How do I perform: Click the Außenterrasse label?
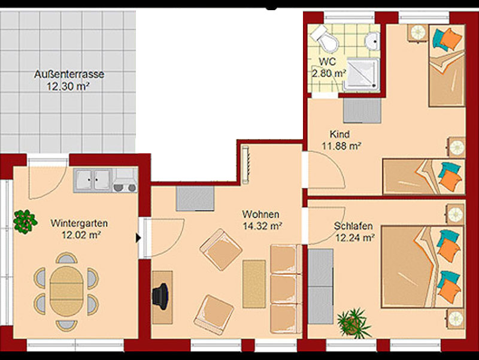[x=69, y=74]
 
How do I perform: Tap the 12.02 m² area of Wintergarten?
[x=81, y=235]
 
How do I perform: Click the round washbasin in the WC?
[x=373, y=41]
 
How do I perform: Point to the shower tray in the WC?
[x=362, y=74]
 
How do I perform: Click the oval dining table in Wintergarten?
[x=66, y=291]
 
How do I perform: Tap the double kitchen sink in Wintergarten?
[x=93, y=180]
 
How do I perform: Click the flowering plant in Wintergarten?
[x=25, y=221]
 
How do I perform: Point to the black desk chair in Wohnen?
[x=160, y=296]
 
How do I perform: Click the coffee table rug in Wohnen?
[x=254, y=284]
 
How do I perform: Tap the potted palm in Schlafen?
[x=354, y=323]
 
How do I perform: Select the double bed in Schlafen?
[x=423, y=267]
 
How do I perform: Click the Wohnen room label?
[x=260, y=214]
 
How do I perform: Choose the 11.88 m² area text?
[x=341, y=146]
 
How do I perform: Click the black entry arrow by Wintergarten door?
[x=138, y=238]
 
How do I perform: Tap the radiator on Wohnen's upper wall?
[x=245, y=165]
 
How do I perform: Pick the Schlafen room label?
[x=353, y=226]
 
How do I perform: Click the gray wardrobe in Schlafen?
[x=320, y=286]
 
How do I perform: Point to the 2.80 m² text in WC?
[x=329, y=73]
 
